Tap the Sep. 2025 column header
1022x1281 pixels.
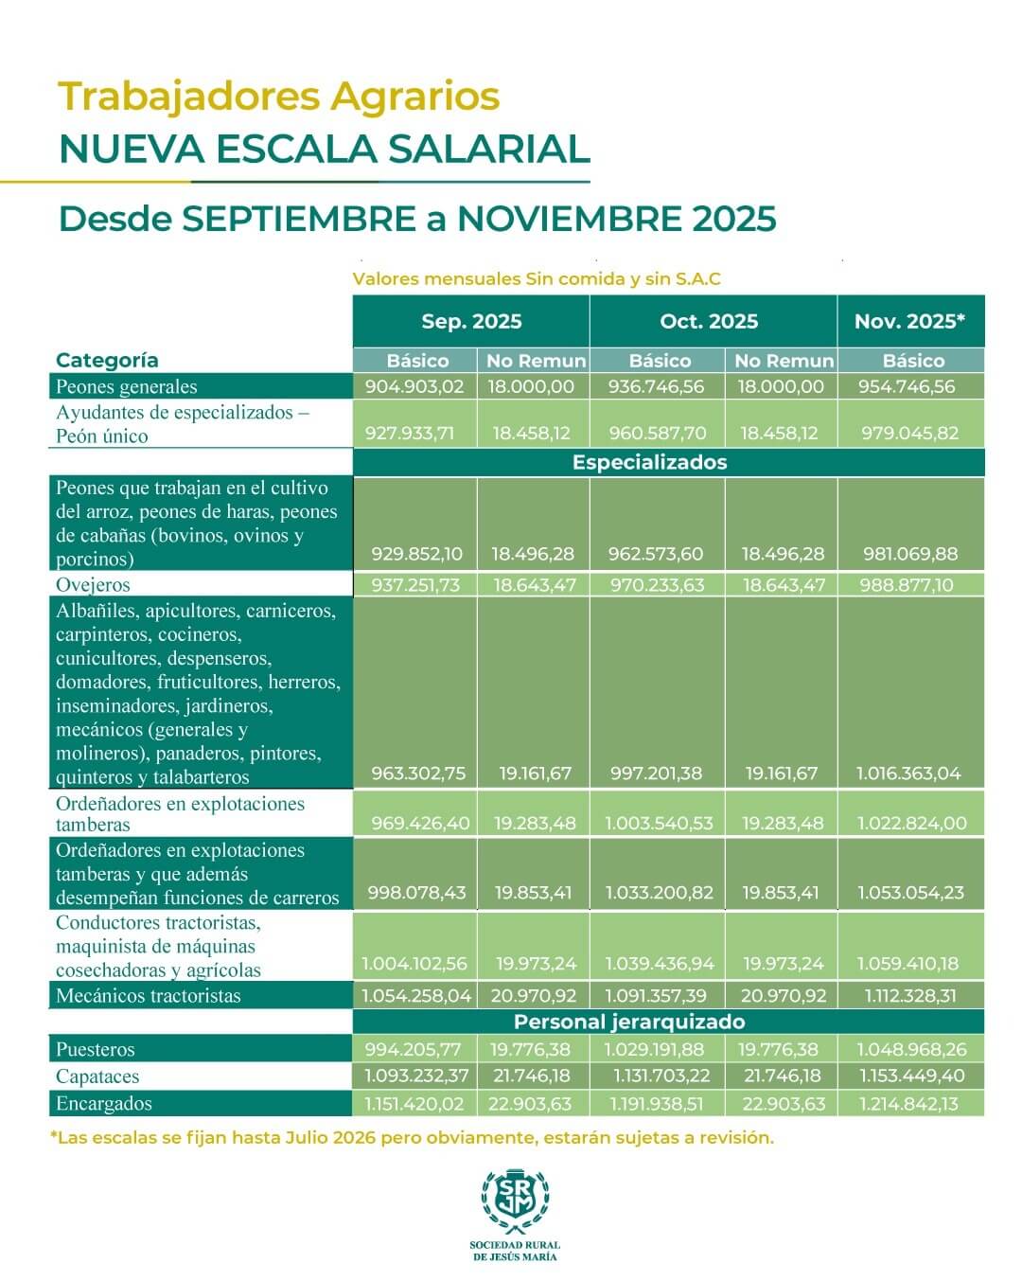(x=471, y=321)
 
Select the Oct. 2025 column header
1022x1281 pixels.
(x=709, y=321)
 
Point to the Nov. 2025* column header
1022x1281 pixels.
(x=909, y=321)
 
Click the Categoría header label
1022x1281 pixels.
(x=107, y=360)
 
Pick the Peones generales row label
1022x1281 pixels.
(x=127, y=386)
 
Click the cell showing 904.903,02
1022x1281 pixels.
(x=414, y=386)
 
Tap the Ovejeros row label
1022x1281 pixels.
(x=93, y=584)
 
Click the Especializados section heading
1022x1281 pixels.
(x=649, y=462)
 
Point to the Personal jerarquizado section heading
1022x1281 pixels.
(x=629, y=1022)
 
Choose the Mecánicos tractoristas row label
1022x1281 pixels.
(x=149, y=995)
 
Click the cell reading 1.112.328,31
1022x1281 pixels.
(x=909, y=995)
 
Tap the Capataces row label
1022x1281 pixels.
(x=97, y=1076)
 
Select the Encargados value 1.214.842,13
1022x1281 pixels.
(x=909, y=1103)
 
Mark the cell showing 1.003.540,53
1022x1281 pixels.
(x=659, y=823)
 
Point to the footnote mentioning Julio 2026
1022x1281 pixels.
(x=412, y=1138)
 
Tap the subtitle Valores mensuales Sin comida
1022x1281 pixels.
(x=536, y=279)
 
